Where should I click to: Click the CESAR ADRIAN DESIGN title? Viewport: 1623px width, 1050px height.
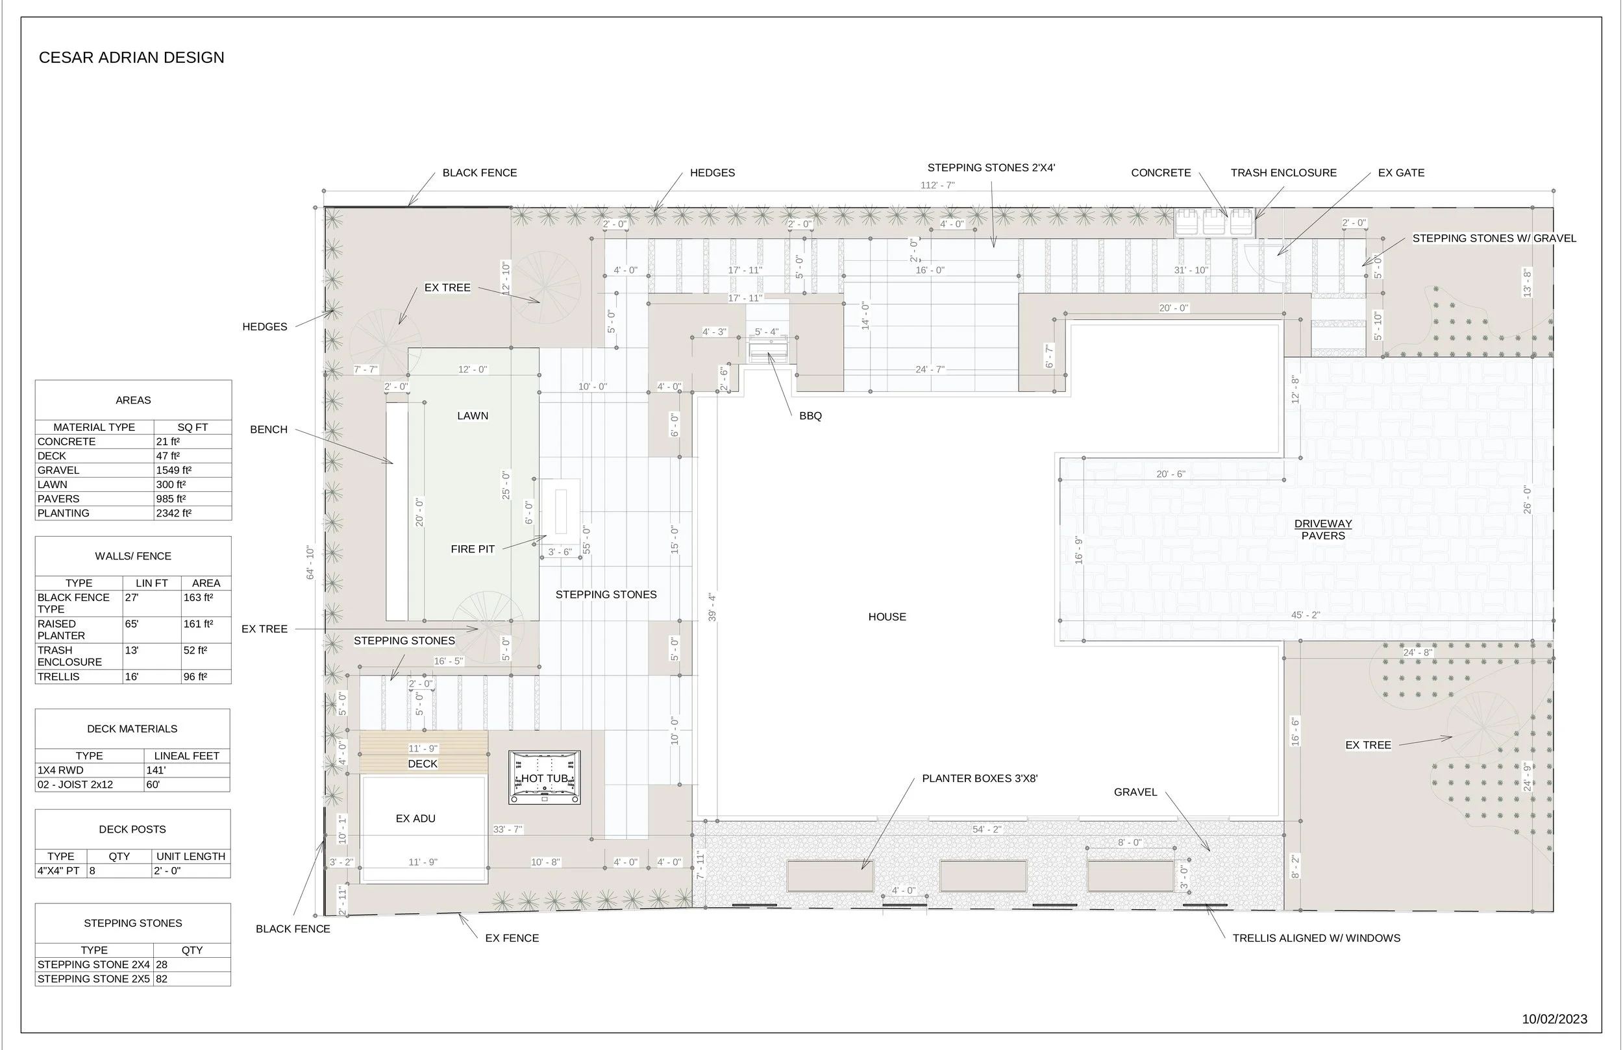pos(132,58)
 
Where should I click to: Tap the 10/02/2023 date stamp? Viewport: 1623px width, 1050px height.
pos(1554,1019)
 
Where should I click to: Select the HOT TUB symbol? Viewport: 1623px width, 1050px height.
pos(544,778)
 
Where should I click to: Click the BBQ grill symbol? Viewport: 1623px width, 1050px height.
pos(768,352)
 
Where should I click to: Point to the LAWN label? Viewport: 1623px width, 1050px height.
pos(473,416)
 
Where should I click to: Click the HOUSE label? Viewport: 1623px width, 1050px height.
pos(887,617)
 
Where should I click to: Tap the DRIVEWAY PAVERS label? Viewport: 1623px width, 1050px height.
pos(1322,530)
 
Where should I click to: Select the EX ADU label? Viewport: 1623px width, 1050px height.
pos(415,819)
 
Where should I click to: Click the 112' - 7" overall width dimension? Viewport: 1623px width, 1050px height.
pos(937,186)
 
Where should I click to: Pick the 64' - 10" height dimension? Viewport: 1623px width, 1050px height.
pos(310,563)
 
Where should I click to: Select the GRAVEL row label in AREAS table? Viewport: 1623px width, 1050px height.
pos(58,470)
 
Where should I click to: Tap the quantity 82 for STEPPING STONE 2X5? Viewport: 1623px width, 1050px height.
pos(162,979)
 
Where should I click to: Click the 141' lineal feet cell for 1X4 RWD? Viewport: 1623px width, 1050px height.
pos(156,770)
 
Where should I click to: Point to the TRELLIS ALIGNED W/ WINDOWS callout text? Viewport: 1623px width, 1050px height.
pos(1315,938)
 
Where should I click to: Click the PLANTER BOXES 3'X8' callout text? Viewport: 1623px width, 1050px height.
pos(979,779)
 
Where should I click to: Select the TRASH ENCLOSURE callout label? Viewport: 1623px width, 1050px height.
pos(1283,173)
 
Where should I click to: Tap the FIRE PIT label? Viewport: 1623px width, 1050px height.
pos(473,550)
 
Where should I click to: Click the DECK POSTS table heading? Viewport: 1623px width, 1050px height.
pos(132,830)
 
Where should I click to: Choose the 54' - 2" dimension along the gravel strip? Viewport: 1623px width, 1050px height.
pos(986,830)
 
